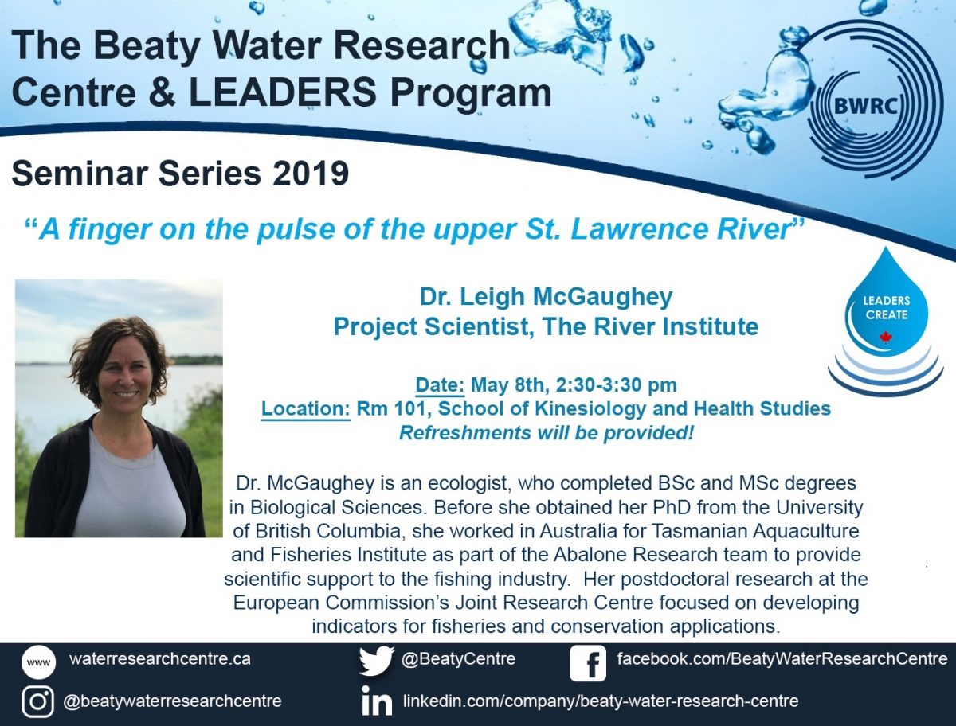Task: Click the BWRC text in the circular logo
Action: [865, 106]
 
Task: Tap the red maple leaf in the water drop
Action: [885, 336]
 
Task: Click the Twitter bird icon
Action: [376, 661]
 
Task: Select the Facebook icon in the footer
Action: [587, 663]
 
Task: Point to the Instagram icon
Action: [38, 701]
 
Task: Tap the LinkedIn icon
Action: [377, 701]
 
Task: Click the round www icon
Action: [38, 662]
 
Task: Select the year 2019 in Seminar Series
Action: [311, 174]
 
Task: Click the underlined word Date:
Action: [440, 385]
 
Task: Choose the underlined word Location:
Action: [306, 409]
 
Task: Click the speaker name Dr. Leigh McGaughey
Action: [547, 298]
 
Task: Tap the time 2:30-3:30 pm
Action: [617, 385]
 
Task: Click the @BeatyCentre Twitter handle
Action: [458, 659]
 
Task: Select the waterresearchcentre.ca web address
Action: [160, 659]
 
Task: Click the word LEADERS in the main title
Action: [283, 92]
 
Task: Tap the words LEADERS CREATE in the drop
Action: [887, 307]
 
